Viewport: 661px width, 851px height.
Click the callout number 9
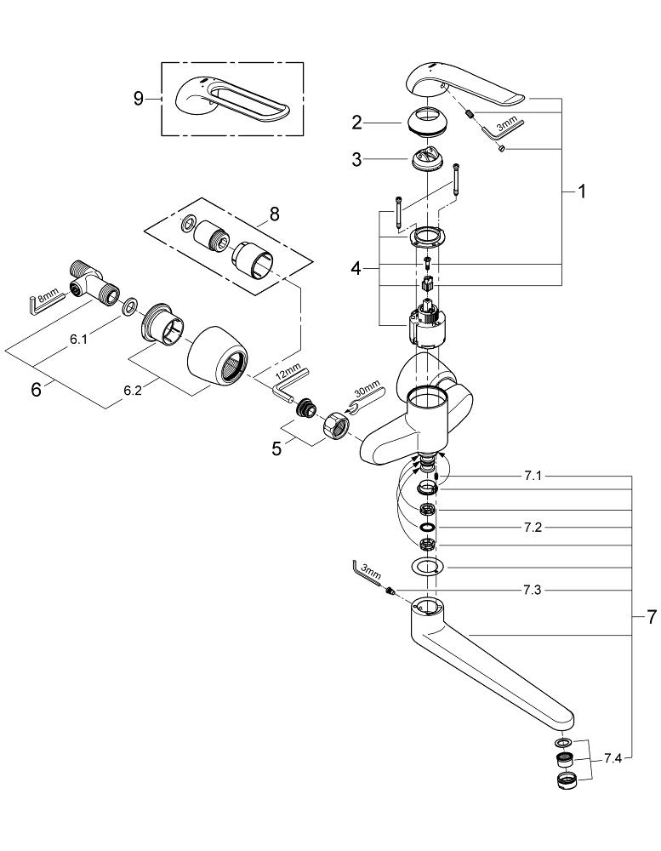(x=139, y=99)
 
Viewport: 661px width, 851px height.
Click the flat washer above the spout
(x=428, y=567)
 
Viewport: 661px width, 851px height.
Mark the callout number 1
(x=582, y=192)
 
